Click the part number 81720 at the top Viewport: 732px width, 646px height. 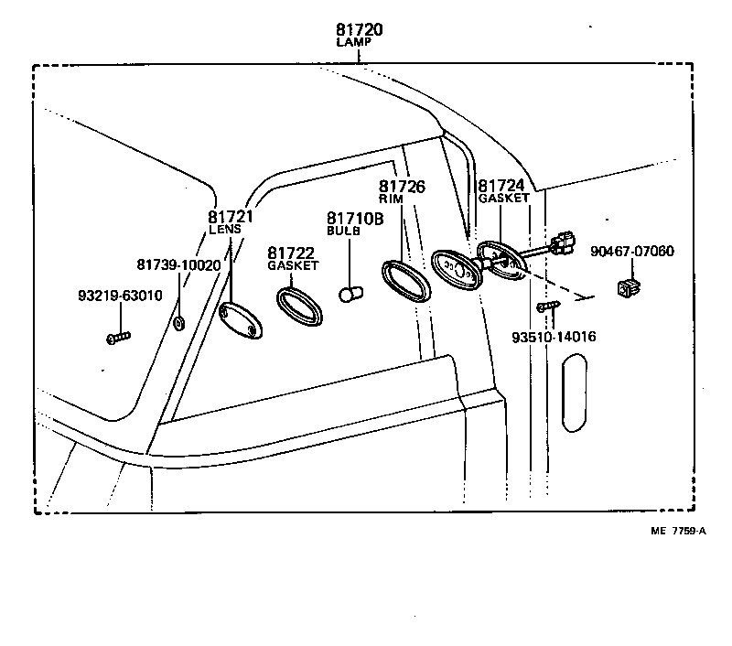point(359,30)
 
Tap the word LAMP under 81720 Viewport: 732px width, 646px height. point(359,44)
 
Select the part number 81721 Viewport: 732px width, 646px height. point(230,218)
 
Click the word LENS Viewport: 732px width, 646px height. point(224,231)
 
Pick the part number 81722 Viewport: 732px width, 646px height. point(291,253)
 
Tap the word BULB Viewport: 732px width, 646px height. point(344,231)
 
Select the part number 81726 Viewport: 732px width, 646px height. point(404,187)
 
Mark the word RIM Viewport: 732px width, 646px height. point(391,199)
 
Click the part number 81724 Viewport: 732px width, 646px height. point(501,186)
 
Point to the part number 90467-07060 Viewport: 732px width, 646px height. point(632,251)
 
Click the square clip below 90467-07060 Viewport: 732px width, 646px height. point(630,289)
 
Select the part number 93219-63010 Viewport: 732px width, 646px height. point(120,296)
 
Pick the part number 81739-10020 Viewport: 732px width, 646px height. point(178,264)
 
